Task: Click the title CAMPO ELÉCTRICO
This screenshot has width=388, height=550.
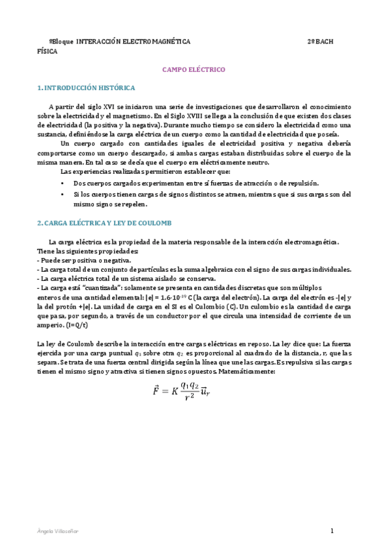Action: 192,68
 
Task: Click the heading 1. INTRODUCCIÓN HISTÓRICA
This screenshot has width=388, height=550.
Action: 86,87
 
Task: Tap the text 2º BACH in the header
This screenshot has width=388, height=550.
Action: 320,41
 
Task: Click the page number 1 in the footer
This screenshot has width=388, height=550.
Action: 331,531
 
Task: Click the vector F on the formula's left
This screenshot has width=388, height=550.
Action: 155,390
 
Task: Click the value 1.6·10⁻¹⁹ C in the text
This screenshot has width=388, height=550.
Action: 175,296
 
